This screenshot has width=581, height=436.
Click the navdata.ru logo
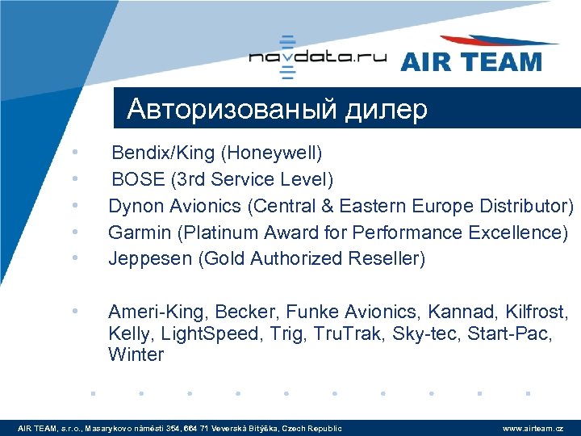coord(317,57)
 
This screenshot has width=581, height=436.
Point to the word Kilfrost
coord(537,312)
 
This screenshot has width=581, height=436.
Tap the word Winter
coord(136,355)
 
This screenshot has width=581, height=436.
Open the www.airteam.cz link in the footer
coord(533,428)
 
